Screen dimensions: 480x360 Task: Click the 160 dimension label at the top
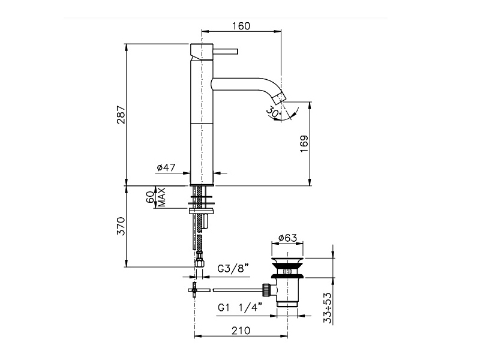(x=241, y=26)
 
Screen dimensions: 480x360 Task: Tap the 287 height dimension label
(x=121, y=115)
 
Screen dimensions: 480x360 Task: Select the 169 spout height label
(x=304, y=144)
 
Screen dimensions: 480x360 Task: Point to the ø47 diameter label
(x=166, y=167)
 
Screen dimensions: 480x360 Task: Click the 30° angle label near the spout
(x=273, y=112)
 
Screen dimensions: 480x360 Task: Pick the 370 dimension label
(x=121, y=226)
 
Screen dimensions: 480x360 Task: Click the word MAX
(x=161, y=197)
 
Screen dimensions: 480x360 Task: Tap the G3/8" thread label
(x=233, y=268)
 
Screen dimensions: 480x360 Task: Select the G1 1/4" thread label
(x=241, y=307)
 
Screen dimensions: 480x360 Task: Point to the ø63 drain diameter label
(x=288, y=238)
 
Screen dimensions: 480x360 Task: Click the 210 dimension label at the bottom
(x=241, y=331)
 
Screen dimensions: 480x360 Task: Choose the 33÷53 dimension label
(x=327, y=308)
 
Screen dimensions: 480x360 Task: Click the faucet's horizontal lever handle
(x=226, y=52)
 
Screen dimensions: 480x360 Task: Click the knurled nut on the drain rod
(x=266, y=290)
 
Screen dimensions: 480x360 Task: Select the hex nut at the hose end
(x=199, y=263)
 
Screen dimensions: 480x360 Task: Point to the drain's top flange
(x=287, y=260)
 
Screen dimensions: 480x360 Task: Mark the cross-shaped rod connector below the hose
(x=194, y=290)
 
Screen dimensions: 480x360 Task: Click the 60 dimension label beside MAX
(x=150, y=197)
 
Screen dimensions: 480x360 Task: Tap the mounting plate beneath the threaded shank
(x=202, y=211)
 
